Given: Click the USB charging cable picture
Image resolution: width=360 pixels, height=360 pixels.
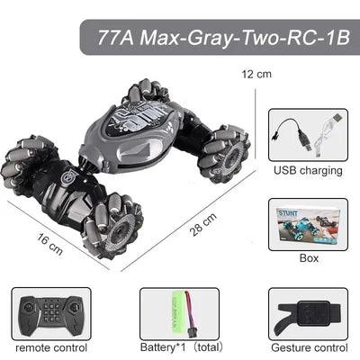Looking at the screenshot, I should click(309, 134).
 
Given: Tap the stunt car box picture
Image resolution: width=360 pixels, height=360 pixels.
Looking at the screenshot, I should click(309, 225).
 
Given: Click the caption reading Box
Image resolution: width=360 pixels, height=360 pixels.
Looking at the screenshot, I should click(309, 258).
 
